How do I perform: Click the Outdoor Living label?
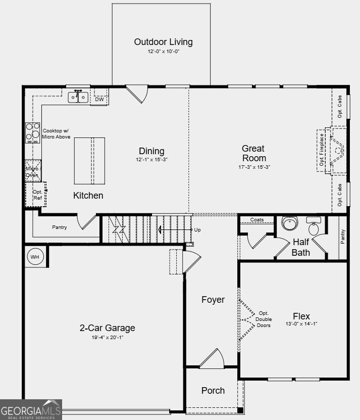point(163,42)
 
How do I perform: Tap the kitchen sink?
point(78,97)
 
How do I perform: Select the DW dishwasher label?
point(99,100)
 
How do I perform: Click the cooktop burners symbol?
point(33,133)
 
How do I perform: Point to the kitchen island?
point(89,161)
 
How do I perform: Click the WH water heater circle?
point(35,257)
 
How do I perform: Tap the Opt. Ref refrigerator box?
point(36,195)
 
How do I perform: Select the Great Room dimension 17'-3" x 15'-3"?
point(254,167)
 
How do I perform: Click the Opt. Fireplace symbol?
point(332,151)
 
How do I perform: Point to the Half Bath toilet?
point(314,226)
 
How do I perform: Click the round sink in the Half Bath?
point(290,223)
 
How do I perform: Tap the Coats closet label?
point(257,220)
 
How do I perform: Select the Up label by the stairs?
point(197,230)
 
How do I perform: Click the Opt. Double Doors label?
point(264,319)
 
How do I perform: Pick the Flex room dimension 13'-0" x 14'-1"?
point(301,324)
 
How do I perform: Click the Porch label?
point(213,391)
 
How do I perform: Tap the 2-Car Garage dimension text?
point(108,338)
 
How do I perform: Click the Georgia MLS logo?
point(31,409)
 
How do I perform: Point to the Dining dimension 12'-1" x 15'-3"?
point(152,159)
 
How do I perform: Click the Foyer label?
point(213,300)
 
